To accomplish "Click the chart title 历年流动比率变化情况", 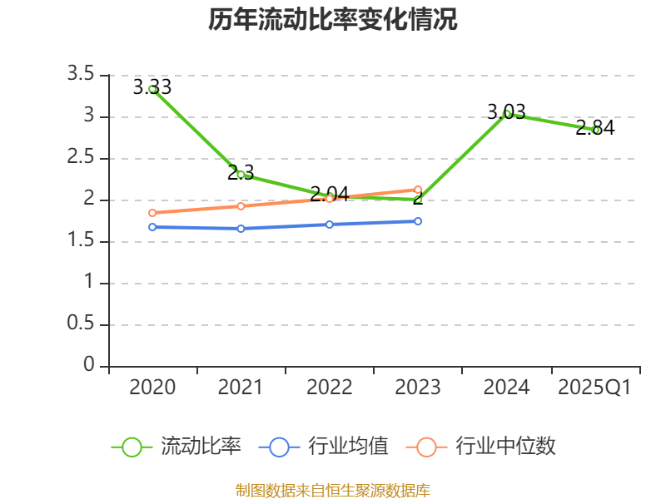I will [333, 20].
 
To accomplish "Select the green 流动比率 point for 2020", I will [152, 89].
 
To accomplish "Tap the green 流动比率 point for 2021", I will [241, 175].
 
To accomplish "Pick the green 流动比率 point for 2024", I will [507, 114].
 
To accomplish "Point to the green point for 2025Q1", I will [595, 130].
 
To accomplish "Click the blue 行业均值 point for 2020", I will [152, 227].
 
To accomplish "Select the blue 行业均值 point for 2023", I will [418, 221].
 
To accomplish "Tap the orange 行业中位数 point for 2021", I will [241, 206].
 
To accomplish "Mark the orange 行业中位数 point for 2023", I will [418, 190].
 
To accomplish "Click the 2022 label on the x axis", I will [329, 388].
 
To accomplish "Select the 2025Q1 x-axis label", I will [594, 388].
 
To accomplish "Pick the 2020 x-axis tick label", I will [152, 388].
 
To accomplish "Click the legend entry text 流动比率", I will [201, 447].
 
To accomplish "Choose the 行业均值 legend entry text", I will [348, 447].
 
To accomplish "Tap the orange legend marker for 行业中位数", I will [426, 447].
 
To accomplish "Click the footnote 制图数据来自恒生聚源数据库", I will [333, 490].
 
